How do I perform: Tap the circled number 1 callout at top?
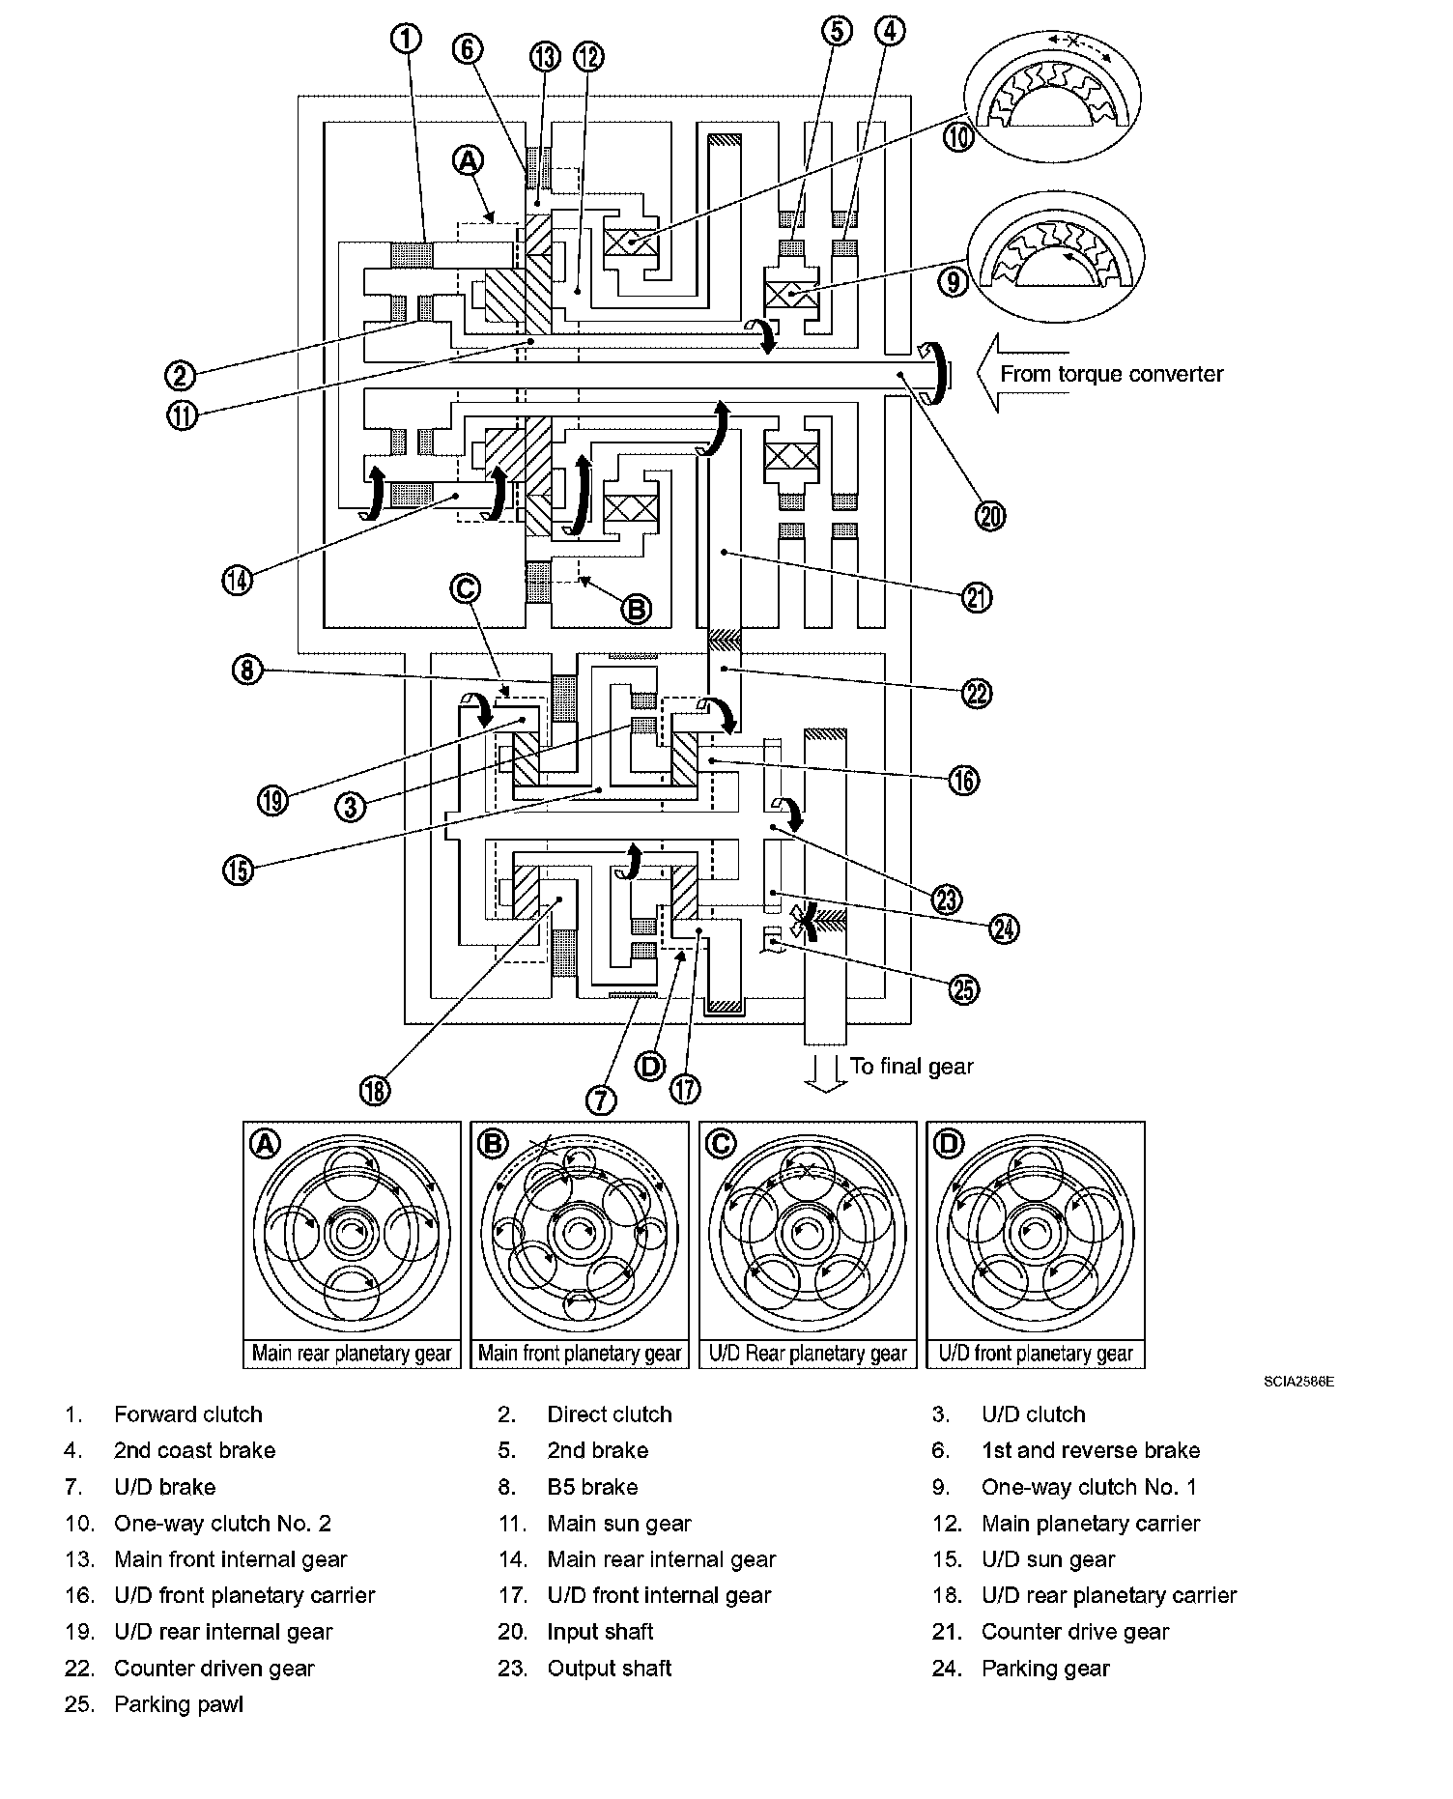(407, 39)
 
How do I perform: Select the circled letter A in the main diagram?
(468, 160)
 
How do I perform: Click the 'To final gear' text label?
(911, 1067)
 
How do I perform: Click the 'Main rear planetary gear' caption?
(352, 1354)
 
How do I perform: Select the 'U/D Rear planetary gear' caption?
(808, 1354)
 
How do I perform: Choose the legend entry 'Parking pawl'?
(178, 1704)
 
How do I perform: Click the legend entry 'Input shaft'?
(600, 1632)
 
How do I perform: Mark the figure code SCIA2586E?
(1298, 1383)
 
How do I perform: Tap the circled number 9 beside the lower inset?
(954, 282)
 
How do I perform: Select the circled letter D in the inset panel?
(949, 1144)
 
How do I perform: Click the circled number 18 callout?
(375, 1091)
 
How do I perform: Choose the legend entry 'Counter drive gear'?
(1074, 1632)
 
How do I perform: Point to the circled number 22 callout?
(978, 693)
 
